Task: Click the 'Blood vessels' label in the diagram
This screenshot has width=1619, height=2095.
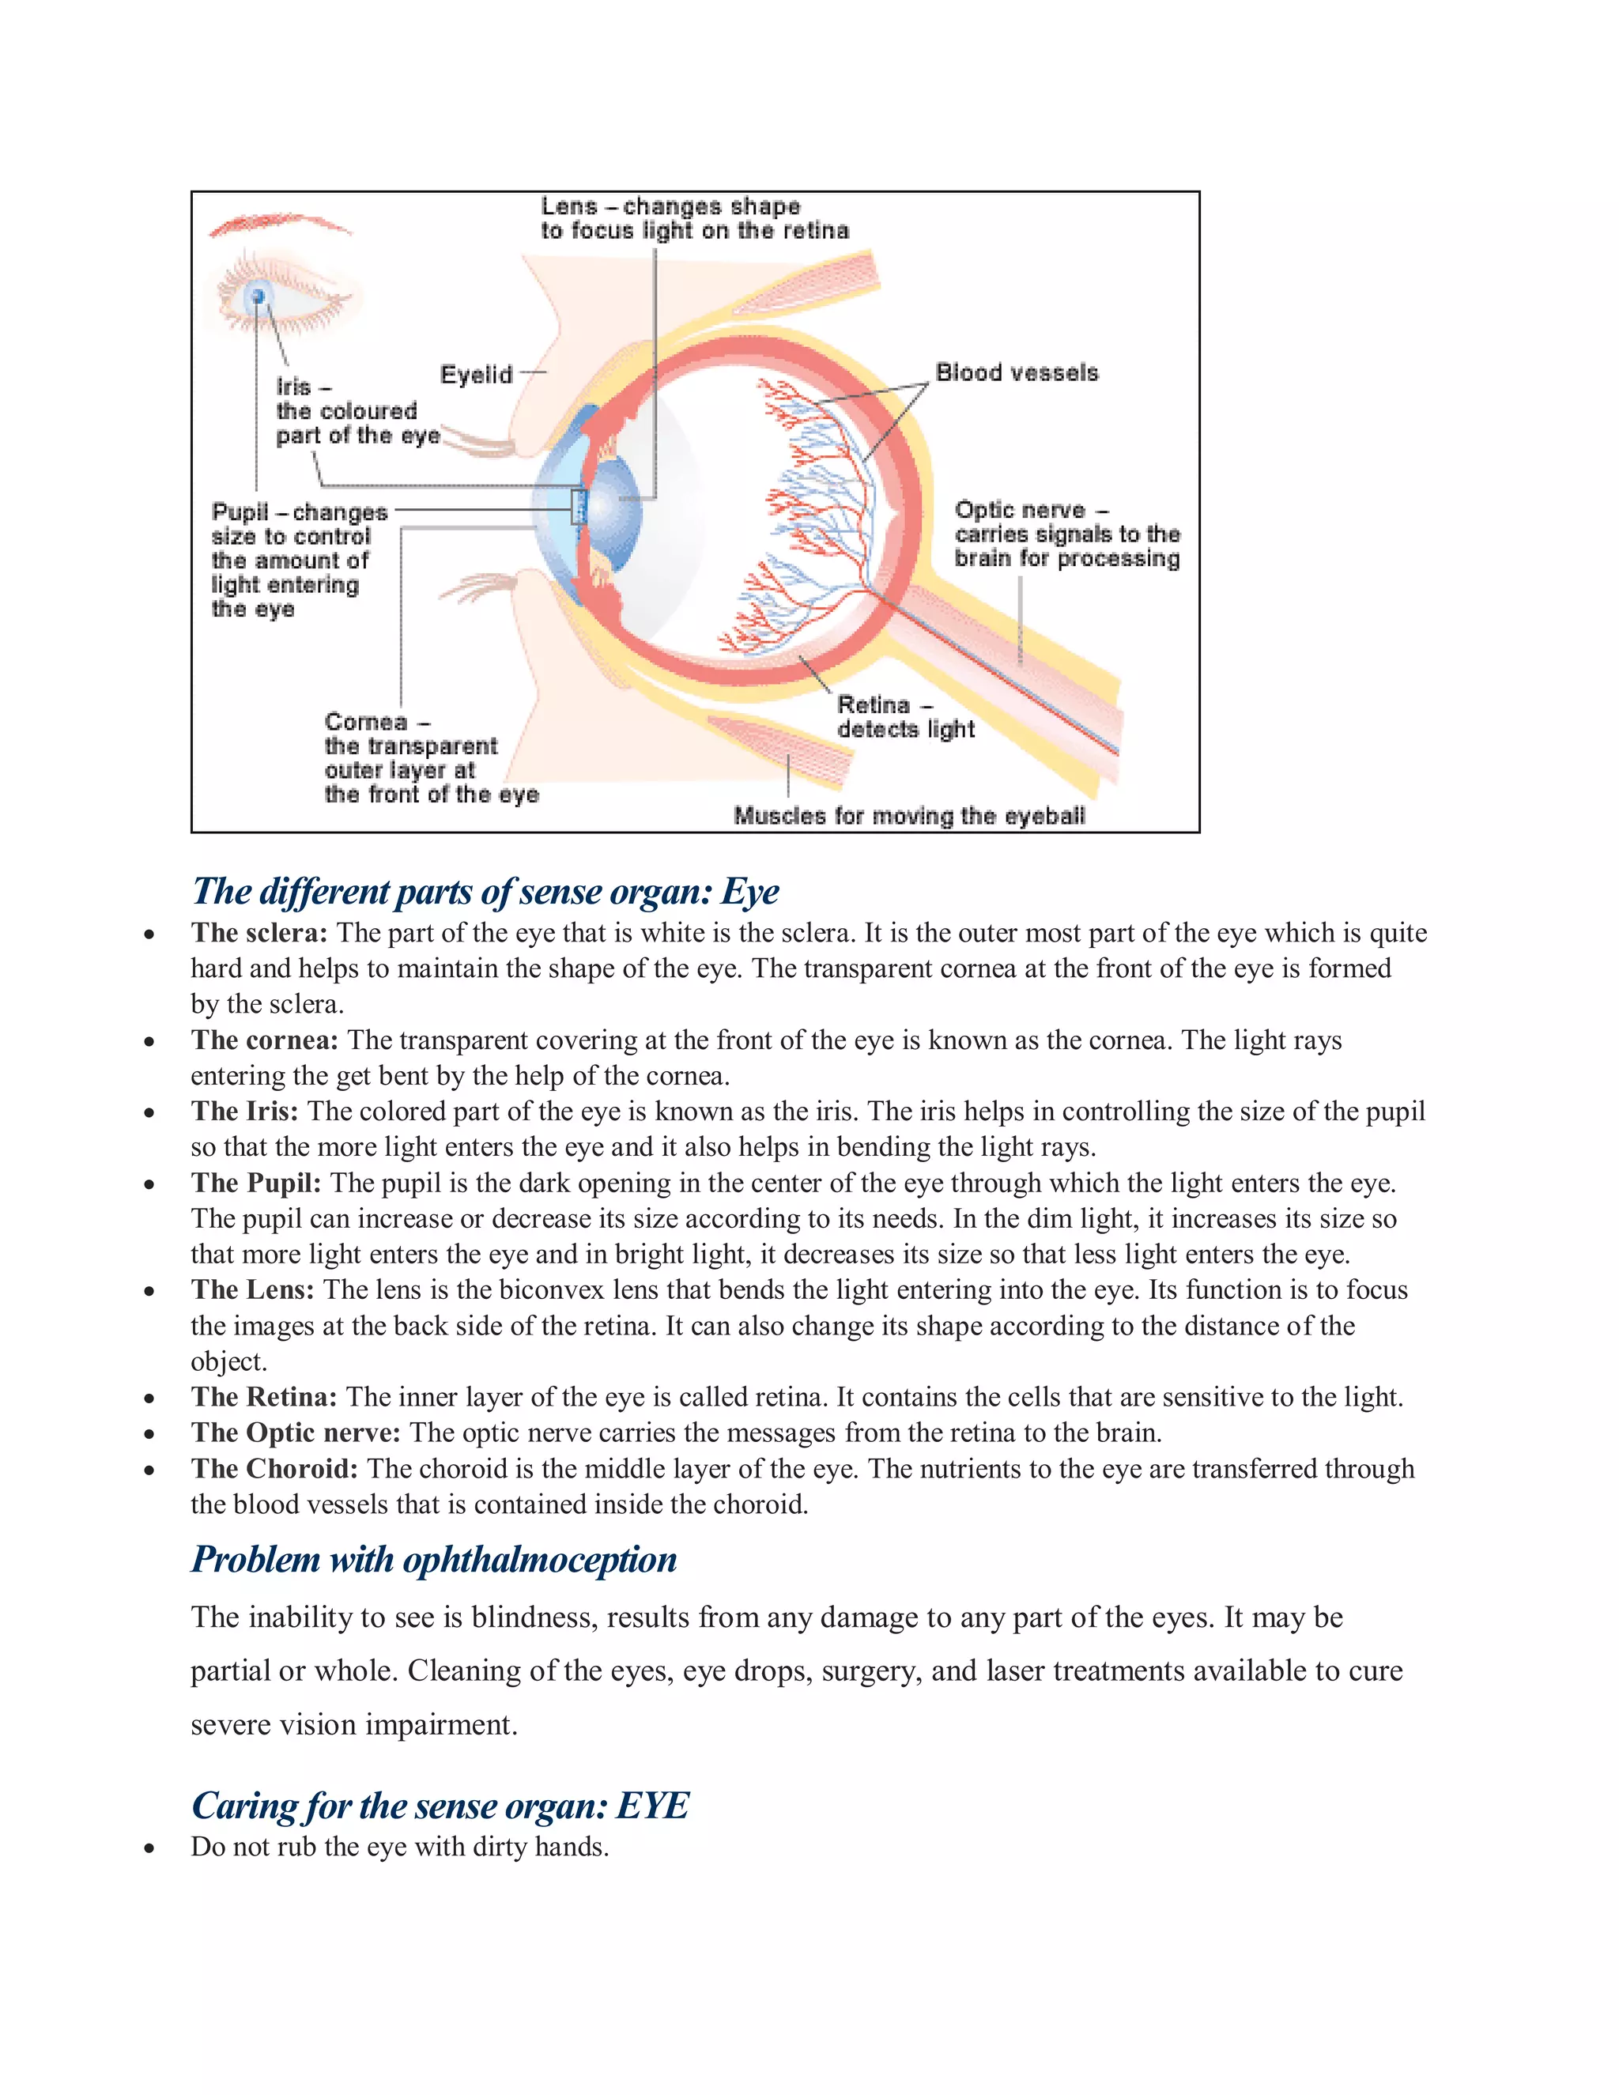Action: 1017,372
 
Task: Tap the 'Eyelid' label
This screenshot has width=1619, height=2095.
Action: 476,374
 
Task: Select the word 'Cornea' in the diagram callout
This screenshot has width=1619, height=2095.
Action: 365,721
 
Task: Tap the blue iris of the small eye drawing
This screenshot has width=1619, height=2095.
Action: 257,296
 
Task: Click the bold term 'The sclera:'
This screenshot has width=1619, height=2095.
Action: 259,932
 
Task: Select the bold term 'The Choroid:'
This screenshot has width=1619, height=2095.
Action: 274,1469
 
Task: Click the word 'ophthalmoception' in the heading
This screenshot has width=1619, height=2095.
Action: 539,1560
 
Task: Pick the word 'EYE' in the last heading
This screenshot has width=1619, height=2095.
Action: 652,1806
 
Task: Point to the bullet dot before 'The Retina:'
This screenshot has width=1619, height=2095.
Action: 149,1399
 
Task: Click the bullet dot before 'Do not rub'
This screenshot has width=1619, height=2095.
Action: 149,1848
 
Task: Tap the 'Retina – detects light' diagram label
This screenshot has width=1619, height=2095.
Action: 904,716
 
